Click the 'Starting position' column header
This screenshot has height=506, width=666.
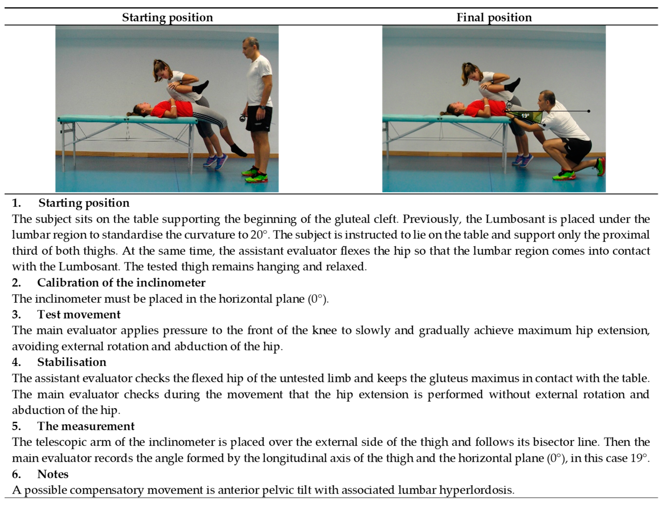167,18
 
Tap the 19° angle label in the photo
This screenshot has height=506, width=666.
525,116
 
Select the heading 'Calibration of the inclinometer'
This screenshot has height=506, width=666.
121,283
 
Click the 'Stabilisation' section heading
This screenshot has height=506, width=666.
72,362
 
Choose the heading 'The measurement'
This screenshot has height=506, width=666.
86,426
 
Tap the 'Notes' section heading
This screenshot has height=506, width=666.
53,474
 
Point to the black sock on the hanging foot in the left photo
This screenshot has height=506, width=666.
239,150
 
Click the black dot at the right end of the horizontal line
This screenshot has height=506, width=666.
589,111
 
